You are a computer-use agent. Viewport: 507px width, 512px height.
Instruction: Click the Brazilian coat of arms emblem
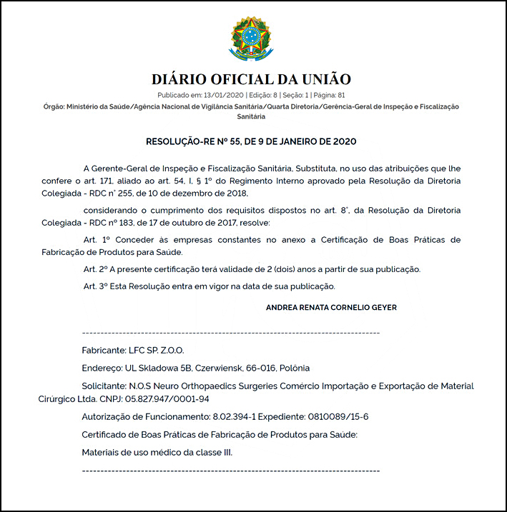click(x=252, y=39)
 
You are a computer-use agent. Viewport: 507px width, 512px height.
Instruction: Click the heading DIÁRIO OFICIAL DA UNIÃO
click(x=252, y=79)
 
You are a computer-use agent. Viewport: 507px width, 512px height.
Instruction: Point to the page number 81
click(x=342, y=94)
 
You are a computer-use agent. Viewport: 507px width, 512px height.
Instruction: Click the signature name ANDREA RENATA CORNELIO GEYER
click(x=331, y=307)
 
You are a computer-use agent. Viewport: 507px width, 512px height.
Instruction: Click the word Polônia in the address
click(x=294, y=368)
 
